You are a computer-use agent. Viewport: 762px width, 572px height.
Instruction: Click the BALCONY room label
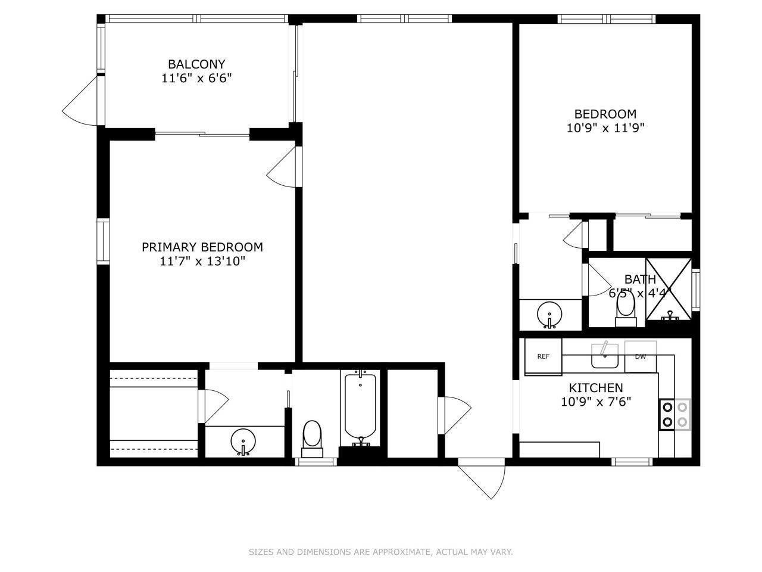point(196,64)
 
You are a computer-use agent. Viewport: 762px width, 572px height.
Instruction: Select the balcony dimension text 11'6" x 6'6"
point(196,78)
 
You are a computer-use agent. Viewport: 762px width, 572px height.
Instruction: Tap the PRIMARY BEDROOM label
point(202,247)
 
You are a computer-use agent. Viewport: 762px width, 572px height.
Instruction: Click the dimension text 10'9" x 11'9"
point(605,128)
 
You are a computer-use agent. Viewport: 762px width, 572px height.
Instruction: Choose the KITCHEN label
point(595,388)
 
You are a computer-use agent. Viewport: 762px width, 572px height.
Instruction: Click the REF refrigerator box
point(543,357)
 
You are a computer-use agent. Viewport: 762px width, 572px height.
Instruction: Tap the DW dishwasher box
point(641,357)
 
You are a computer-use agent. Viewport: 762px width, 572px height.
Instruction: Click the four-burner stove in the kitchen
point(675,415)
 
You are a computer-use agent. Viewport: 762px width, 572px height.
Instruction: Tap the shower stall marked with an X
point(669,288)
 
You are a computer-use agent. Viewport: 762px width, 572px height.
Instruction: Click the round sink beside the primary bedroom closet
point(243,442)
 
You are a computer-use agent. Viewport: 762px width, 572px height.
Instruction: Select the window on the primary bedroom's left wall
point(104,241)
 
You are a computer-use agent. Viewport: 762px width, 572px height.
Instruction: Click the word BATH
point(640,279)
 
